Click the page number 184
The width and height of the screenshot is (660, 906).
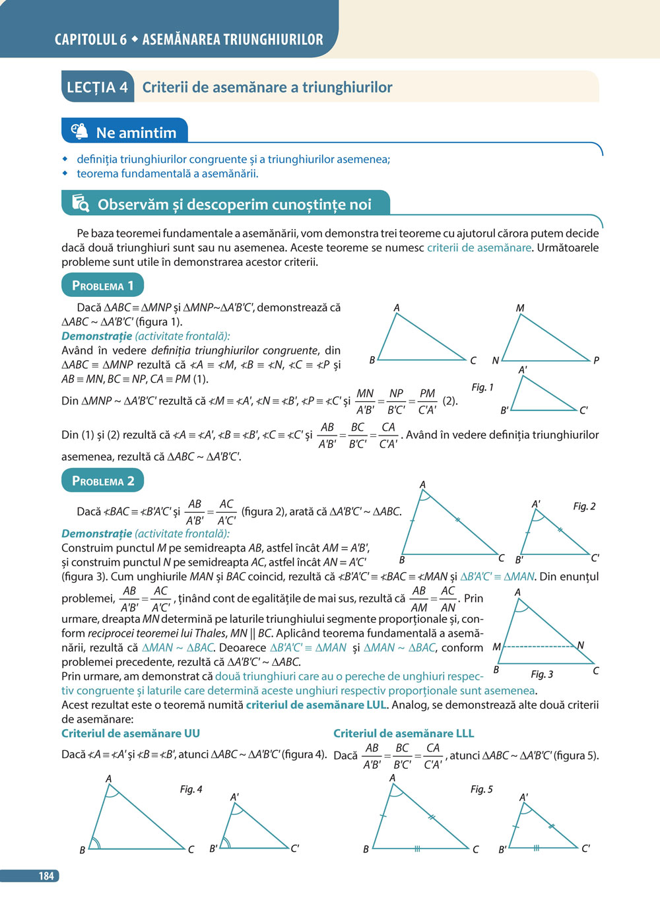point(46,876)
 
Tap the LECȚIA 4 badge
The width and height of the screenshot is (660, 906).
point(97,87)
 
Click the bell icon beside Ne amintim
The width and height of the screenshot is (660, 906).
point(79,131)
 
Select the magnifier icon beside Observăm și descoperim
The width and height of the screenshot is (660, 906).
point(81,204)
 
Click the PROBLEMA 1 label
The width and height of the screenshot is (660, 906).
point(102,286)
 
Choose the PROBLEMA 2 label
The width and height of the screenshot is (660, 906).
point(102,481)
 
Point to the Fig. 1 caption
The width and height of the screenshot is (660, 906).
point(482,387)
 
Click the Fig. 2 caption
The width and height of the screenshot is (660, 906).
point(584,506)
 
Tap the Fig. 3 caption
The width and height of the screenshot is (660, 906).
point(542,674)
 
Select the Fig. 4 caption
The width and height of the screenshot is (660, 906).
point(191,789)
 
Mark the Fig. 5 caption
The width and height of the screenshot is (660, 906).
point(481,789)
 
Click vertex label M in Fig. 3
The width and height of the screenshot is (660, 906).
point(496,647)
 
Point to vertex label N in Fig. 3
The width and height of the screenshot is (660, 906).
point(580,645)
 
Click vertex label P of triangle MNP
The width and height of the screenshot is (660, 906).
point(596,360)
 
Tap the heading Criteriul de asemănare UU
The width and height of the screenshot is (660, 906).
point(131,733)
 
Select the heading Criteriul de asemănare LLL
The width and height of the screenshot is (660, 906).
point(403,733)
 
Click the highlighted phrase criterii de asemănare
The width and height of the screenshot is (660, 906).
point(479,247)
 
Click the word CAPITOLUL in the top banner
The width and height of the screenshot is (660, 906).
point(86,40)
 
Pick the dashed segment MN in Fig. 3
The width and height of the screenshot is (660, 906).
point(538,646)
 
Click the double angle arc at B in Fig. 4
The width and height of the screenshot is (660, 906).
point(96,843)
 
